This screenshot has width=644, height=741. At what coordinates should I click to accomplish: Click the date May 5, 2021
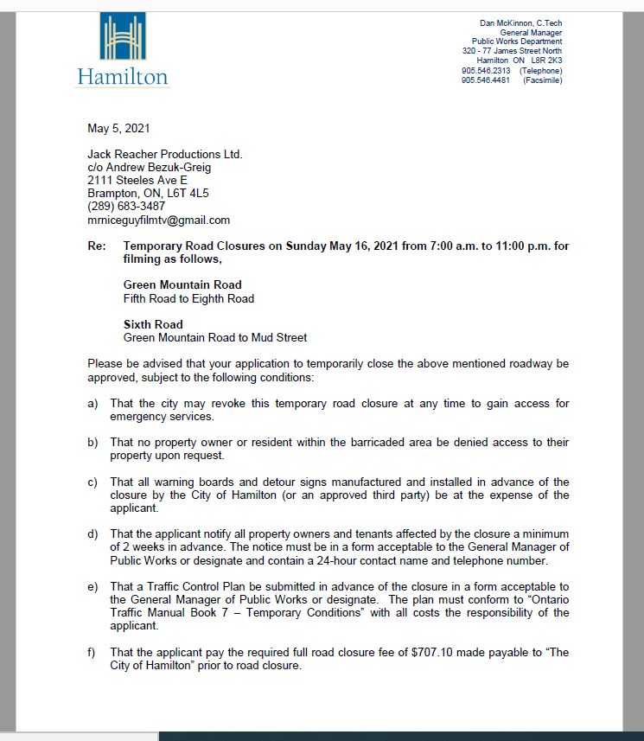click(x=118, y=129)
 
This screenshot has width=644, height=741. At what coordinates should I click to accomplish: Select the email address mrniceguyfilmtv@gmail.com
click(x=158, y=220)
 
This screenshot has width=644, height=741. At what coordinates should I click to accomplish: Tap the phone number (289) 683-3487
click(x=126, y=207)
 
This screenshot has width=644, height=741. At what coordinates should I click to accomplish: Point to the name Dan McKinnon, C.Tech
click(x=520, y=22)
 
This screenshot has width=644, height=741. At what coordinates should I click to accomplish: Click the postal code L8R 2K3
click(x=546, y=61)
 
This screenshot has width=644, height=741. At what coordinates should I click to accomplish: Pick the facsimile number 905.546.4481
click(x=486, y=80)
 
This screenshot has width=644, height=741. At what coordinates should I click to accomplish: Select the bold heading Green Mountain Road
click(x=182, y=284)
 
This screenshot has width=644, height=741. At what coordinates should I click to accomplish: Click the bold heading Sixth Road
click(x=153, y=324)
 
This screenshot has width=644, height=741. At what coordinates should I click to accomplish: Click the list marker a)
click(x=92, y=404)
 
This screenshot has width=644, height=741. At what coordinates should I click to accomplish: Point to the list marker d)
click(x=92, y=534)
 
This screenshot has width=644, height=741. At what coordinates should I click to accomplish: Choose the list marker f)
click(x=92, y=653)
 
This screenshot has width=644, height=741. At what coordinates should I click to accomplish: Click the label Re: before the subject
click(x=97, y=246)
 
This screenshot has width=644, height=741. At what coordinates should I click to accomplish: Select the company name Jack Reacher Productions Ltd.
click(x=165, y=155)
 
